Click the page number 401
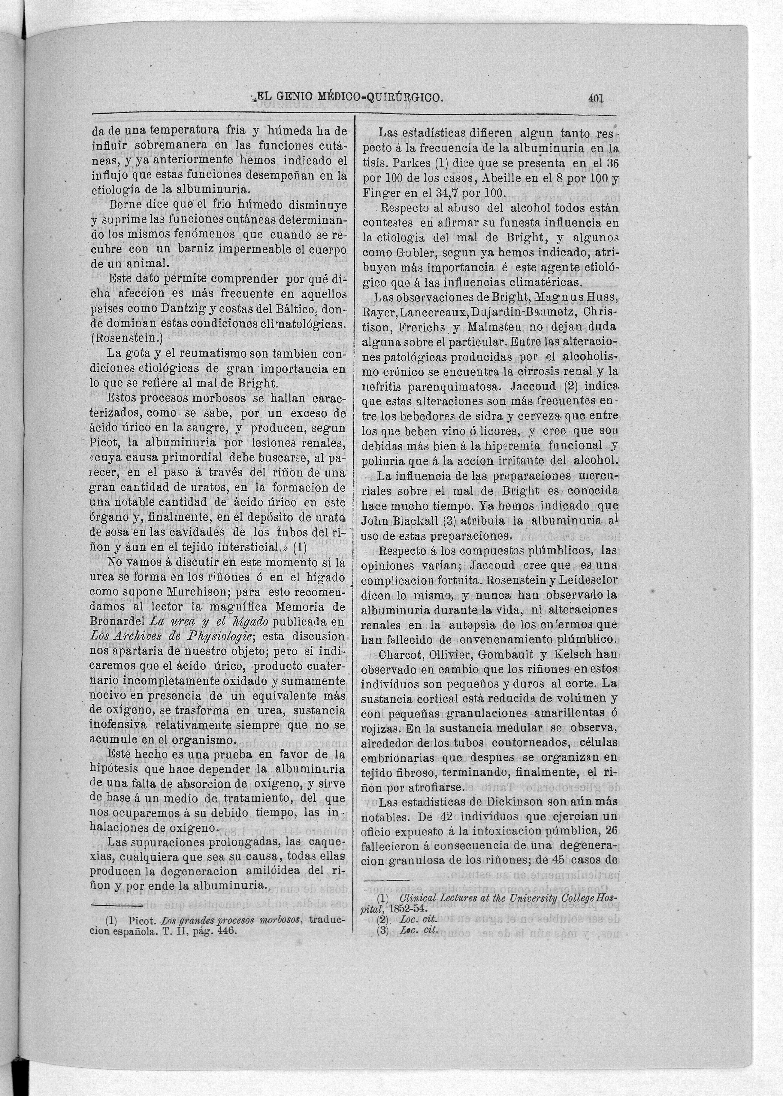(596, 99)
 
